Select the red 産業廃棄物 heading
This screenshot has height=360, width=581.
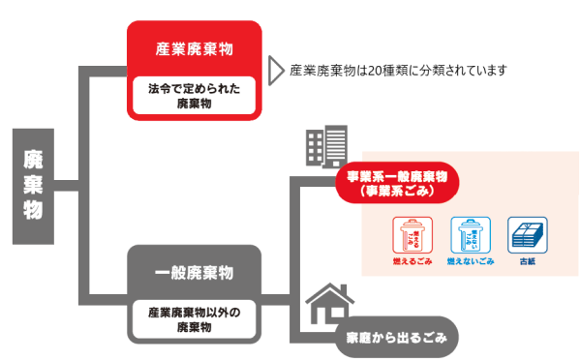(x=195, y=48)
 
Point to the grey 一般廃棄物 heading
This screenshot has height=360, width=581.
(x=195, y=272)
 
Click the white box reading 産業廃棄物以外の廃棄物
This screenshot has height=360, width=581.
(x=195, y=319)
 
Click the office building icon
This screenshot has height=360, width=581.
(x=320, y=146)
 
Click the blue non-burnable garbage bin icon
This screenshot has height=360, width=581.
(x=469, y=235)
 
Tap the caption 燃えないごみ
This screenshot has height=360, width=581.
(x=469, y=262)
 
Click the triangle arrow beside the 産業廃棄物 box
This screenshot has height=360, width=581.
(x=275, y=71)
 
